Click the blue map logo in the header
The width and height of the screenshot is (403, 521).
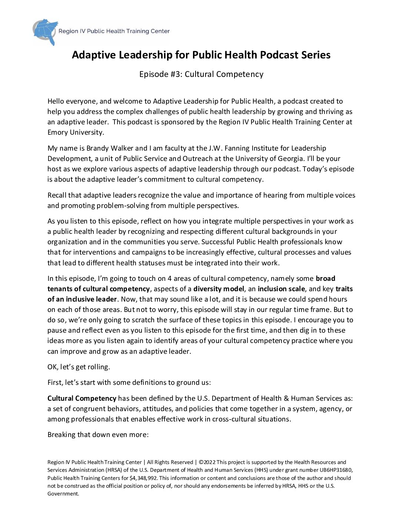click(46, 31)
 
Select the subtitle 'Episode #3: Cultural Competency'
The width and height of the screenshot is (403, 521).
click(201, 74)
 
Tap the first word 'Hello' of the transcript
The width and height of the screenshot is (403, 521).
click(56, 101)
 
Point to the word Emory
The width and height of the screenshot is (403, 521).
click(57, 132)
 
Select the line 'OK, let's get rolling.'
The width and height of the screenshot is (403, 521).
click(79, 367)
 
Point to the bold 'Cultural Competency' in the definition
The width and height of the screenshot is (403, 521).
click(82, 398)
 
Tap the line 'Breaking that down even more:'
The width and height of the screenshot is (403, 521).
click(98, 434)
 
